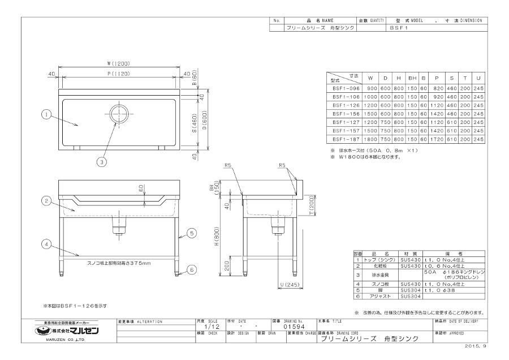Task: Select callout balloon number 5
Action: pyautogui.click(x=191, y=233)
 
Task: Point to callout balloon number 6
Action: pyautogui.click(x=191, y=270)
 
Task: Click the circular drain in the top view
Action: pyautogui.click(x=120, y=113)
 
